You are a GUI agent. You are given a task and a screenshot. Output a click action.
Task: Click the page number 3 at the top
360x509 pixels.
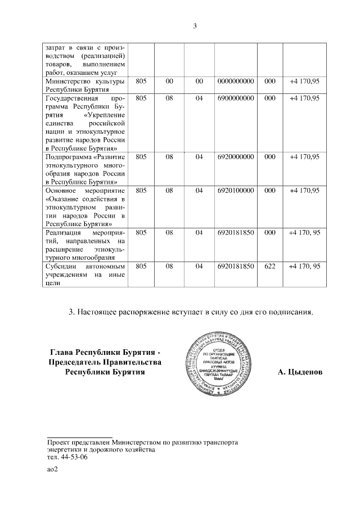[195, 26]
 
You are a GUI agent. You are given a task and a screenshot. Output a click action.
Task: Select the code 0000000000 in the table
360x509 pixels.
[236, 82]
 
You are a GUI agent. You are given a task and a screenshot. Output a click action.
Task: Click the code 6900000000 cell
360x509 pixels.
[236, 98]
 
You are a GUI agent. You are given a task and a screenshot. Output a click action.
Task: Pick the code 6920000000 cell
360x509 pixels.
[236, 158]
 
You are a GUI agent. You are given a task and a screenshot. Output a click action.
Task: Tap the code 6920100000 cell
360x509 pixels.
[236, 191]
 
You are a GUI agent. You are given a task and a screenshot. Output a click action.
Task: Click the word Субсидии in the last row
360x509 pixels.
[61, 265]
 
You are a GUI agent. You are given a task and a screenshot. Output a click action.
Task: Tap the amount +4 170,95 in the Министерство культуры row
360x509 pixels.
[304, 82]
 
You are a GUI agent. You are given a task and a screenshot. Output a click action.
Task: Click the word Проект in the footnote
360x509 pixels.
[59, 442]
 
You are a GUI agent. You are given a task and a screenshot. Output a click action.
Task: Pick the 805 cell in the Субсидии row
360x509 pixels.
[141, 265]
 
